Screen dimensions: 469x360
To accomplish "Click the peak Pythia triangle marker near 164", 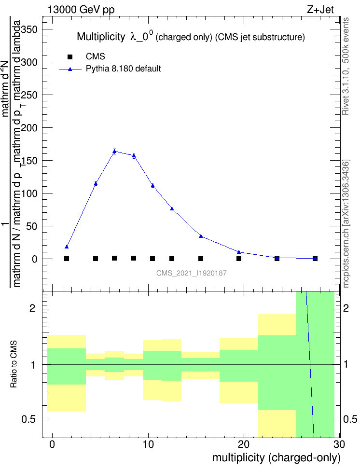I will pos(114,151).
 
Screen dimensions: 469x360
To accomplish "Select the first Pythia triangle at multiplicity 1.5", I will pos(67,247).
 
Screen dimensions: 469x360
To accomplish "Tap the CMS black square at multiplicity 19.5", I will pos(239,259).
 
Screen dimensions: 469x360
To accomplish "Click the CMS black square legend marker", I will pos(70,57).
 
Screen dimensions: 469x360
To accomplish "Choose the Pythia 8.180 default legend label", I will pos(123,69).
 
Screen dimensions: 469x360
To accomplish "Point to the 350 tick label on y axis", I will pos(29,29).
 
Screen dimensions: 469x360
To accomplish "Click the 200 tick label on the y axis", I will pos(29,128).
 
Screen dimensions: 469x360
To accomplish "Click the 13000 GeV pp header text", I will pos(81,9).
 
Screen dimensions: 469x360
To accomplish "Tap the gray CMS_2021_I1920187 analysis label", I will pos(192,273).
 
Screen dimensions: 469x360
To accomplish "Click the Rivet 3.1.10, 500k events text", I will pos(345,66).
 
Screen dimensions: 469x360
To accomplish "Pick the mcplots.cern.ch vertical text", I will pos(346,223).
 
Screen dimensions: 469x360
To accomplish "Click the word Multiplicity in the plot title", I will pos(101,37).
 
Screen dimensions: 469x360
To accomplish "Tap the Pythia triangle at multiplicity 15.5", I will pos(201,236).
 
